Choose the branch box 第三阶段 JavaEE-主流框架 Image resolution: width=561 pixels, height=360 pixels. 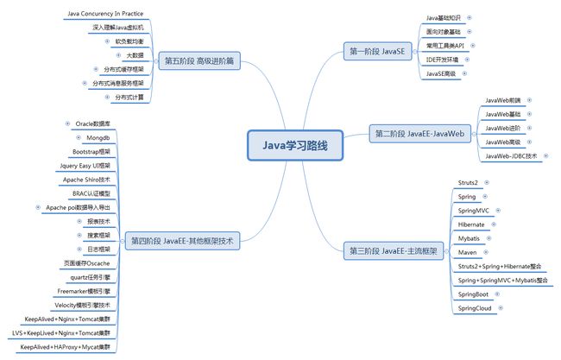[393, 250]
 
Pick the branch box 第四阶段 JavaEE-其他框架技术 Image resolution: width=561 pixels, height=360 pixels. [180, 241]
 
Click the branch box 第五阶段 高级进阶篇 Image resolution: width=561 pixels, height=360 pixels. [199, 60]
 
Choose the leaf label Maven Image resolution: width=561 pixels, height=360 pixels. [469, 252]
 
